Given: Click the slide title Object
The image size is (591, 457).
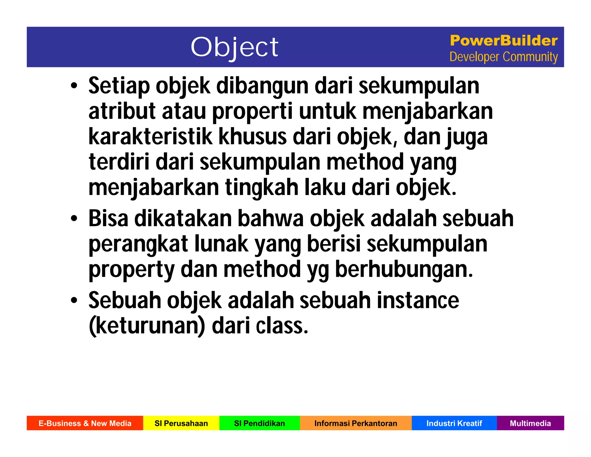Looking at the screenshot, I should pyautogui.click(x=234, y=47).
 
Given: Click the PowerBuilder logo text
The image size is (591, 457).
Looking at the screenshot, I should pyautogui.click(x=504, y=41).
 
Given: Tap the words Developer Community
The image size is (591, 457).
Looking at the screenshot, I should pyautogui.click(x=504, y=57).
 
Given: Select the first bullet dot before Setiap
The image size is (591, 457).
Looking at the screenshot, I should pyautogui.click(x=74, y=86).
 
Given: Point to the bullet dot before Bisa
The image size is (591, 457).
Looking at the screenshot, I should pyautogui.click(x=74, y=218).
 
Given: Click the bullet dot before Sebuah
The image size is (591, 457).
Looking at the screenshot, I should pyautogui.click(x=74, y=300).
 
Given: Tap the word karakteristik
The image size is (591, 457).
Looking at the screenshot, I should pyautogui.click(x=150, y=137).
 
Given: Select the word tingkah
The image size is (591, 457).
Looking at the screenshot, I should pyautogui.click(x=261, y=188).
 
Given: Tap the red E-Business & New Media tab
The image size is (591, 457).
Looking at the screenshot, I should pyautogui.click(x=85, y=423).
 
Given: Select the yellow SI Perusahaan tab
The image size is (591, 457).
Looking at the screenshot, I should pyautogui.click(x=181, y=423).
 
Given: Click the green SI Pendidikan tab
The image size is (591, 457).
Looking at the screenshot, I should pyautogui.click(x=259, y=423).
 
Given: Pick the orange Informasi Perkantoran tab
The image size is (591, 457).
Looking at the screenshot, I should pyautogui.click(x=356, y=423).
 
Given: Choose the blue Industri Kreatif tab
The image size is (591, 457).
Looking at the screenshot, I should pyautogui.click(x=454, y=423).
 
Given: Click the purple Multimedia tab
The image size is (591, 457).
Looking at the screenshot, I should pyautogui.click(x=530, y=423).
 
